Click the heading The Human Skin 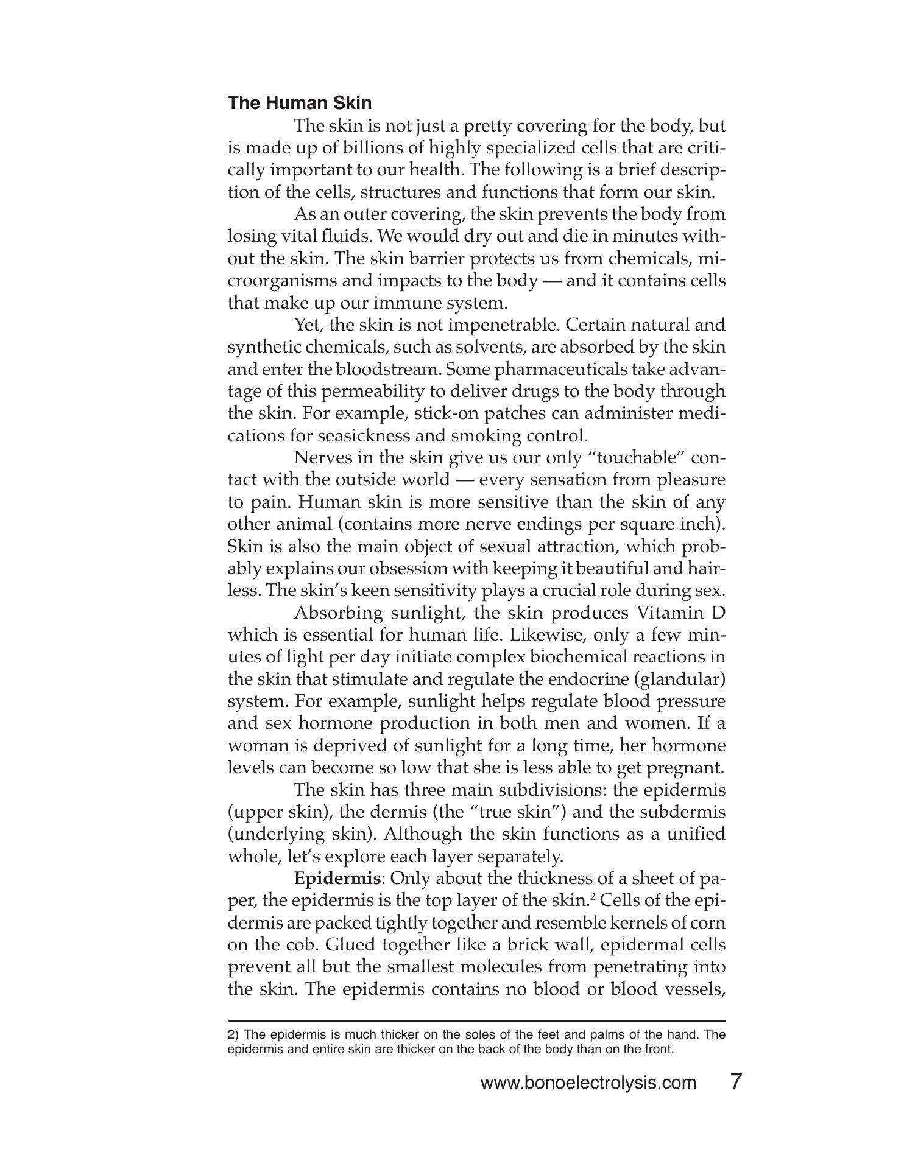(299, 102)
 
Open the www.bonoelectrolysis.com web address (588, 1083)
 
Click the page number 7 (735, 1082)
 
